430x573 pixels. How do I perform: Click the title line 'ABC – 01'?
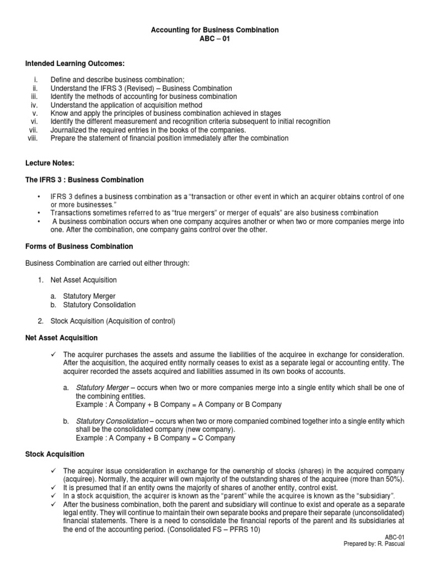pos(215,39)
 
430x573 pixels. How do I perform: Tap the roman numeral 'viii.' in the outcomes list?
pos(32,138)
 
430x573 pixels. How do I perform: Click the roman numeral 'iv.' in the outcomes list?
pos(34,105)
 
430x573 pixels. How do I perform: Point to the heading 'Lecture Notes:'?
pos(50,163)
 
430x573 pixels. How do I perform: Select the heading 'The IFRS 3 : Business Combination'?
pos(85,180)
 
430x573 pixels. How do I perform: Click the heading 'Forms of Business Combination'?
pos(79,246)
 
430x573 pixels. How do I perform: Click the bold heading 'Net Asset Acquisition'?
pos(62,338)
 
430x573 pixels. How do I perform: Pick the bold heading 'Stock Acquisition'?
pos(55,454)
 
